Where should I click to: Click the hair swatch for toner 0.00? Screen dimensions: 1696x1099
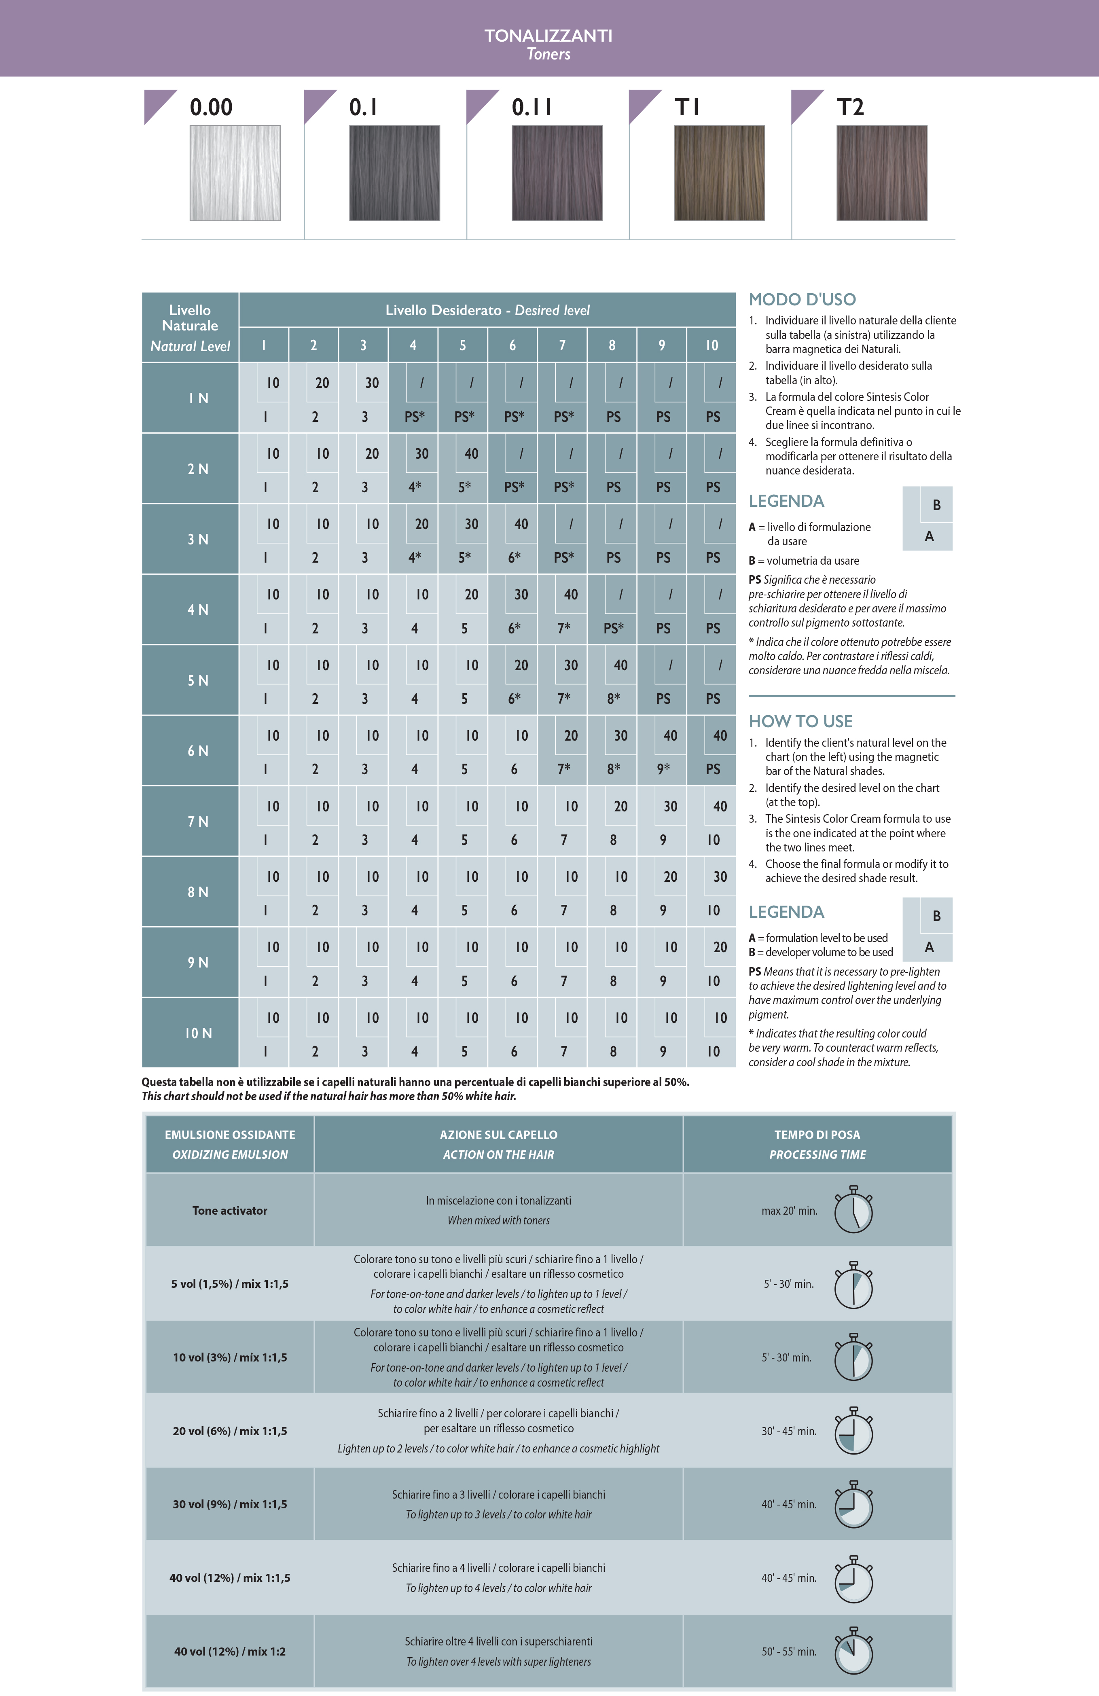[235, 173]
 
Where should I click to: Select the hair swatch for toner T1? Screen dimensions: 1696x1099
[719, 173]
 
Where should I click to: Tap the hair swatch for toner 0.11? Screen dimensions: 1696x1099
[557, 173]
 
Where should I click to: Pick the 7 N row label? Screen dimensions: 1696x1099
[197, 822]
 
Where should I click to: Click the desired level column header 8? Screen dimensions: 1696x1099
[612, 345]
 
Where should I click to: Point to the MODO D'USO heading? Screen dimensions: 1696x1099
[802, 299]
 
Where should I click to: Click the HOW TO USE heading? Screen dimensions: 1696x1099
[800, 721]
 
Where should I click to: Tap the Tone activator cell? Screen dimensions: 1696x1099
[229, 1211]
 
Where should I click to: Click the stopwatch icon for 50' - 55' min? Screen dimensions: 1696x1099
[853, 1651]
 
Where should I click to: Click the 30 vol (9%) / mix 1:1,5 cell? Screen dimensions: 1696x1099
[229, 1504]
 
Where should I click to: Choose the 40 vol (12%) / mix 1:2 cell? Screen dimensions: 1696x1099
[229, 1651]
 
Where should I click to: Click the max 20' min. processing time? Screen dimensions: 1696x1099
[789, 1211]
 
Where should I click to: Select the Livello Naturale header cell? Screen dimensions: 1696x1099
[190, 327]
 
